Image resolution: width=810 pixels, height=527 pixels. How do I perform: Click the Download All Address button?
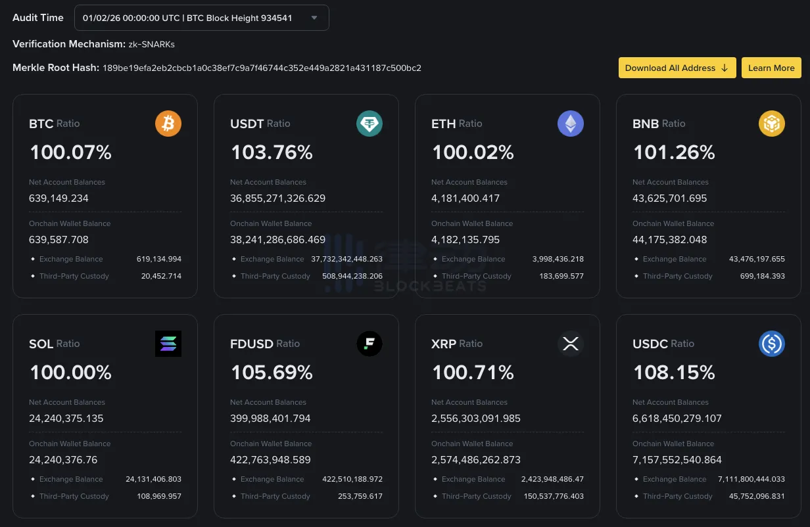click(x=677, y=68)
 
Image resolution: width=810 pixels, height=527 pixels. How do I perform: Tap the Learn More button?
click(x=771, y=68)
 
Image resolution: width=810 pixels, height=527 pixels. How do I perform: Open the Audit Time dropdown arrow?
click(x=314, y=18)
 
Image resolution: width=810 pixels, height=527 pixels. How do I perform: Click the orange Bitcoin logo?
click(x=168, y=124)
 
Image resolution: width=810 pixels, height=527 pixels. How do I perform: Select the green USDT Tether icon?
click(x=369, y=124)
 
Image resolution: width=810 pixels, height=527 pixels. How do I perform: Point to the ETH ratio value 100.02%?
click(x=473, y=152)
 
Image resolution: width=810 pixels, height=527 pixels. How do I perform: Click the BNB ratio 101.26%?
click(x=674, y=152)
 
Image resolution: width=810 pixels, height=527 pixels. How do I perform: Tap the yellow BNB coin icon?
click(x=772, y=124)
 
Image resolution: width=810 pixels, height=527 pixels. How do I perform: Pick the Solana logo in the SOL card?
click(x=168, y=344)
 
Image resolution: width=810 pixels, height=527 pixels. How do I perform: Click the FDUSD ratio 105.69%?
click(x=272, y=373)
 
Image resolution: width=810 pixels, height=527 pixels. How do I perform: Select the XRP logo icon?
click(x=571, y=344)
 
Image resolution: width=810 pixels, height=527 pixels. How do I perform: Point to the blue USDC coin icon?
click(x=772, y=344)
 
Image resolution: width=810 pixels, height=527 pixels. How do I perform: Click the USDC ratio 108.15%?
click(x=674, y=373)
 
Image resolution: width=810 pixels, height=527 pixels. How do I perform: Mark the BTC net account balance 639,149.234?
click(x=59, y=198)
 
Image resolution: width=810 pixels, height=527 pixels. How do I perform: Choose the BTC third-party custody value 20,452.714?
click(x=161, y=276)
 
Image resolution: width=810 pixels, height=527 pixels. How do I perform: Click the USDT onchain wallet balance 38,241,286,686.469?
click(x=277, y=239)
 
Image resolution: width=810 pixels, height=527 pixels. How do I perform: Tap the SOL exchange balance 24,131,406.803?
click(x=153, y=479)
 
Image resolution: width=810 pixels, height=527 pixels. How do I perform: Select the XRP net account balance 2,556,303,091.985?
click(x=476, y=418)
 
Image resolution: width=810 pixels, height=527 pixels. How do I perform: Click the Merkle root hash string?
click(x=262, y=68)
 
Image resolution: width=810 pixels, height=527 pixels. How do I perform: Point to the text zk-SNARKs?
click(x=151, y=44)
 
